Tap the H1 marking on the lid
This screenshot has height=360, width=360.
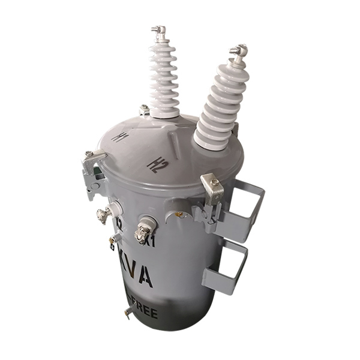pyautogui.click(x=120, y=137)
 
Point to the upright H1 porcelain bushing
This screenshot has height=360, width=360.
pyautogui.click(x=163, y=75)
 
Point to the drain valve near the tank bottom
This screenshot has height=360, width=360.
pyautogui.click(x=128, y=311)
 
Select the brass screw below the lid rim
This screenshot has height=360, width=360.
pyautogui.click(x=179, y=214)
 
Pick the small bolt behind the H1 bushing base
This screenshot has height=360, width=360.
pyautogui.click(x=144, y=110)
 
